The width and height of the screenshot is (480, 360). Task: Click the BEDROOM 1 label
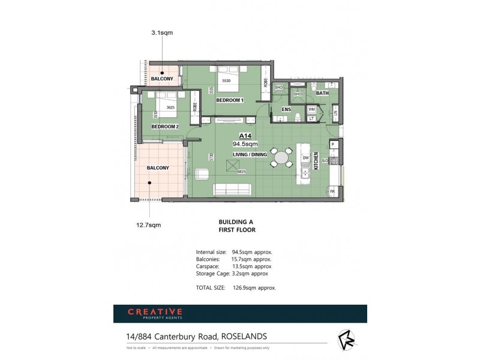tap(229, 100)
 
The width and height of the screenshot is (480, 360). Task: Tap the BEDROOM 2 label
tap(165, 127)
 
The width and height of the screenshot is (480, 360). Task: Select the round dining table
tap(281, 158)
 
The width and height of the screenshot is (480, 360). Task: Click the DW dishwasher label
tap(305, 158)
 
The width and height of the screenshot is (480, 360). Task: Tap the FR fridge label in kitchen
tap(332, 191)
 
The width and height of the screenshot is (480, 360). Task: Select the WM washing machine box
tap(311, 110)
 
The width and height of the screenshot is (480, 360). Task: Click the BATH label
tap(323, 93)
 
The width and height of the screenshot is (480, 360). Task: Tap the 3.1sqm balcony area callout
tap(161, 33)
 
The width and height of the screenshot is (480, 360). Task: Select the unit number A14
tap(245, 136)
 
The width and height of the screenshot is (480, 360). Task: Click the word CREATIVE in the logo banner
tap(154, 311)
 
